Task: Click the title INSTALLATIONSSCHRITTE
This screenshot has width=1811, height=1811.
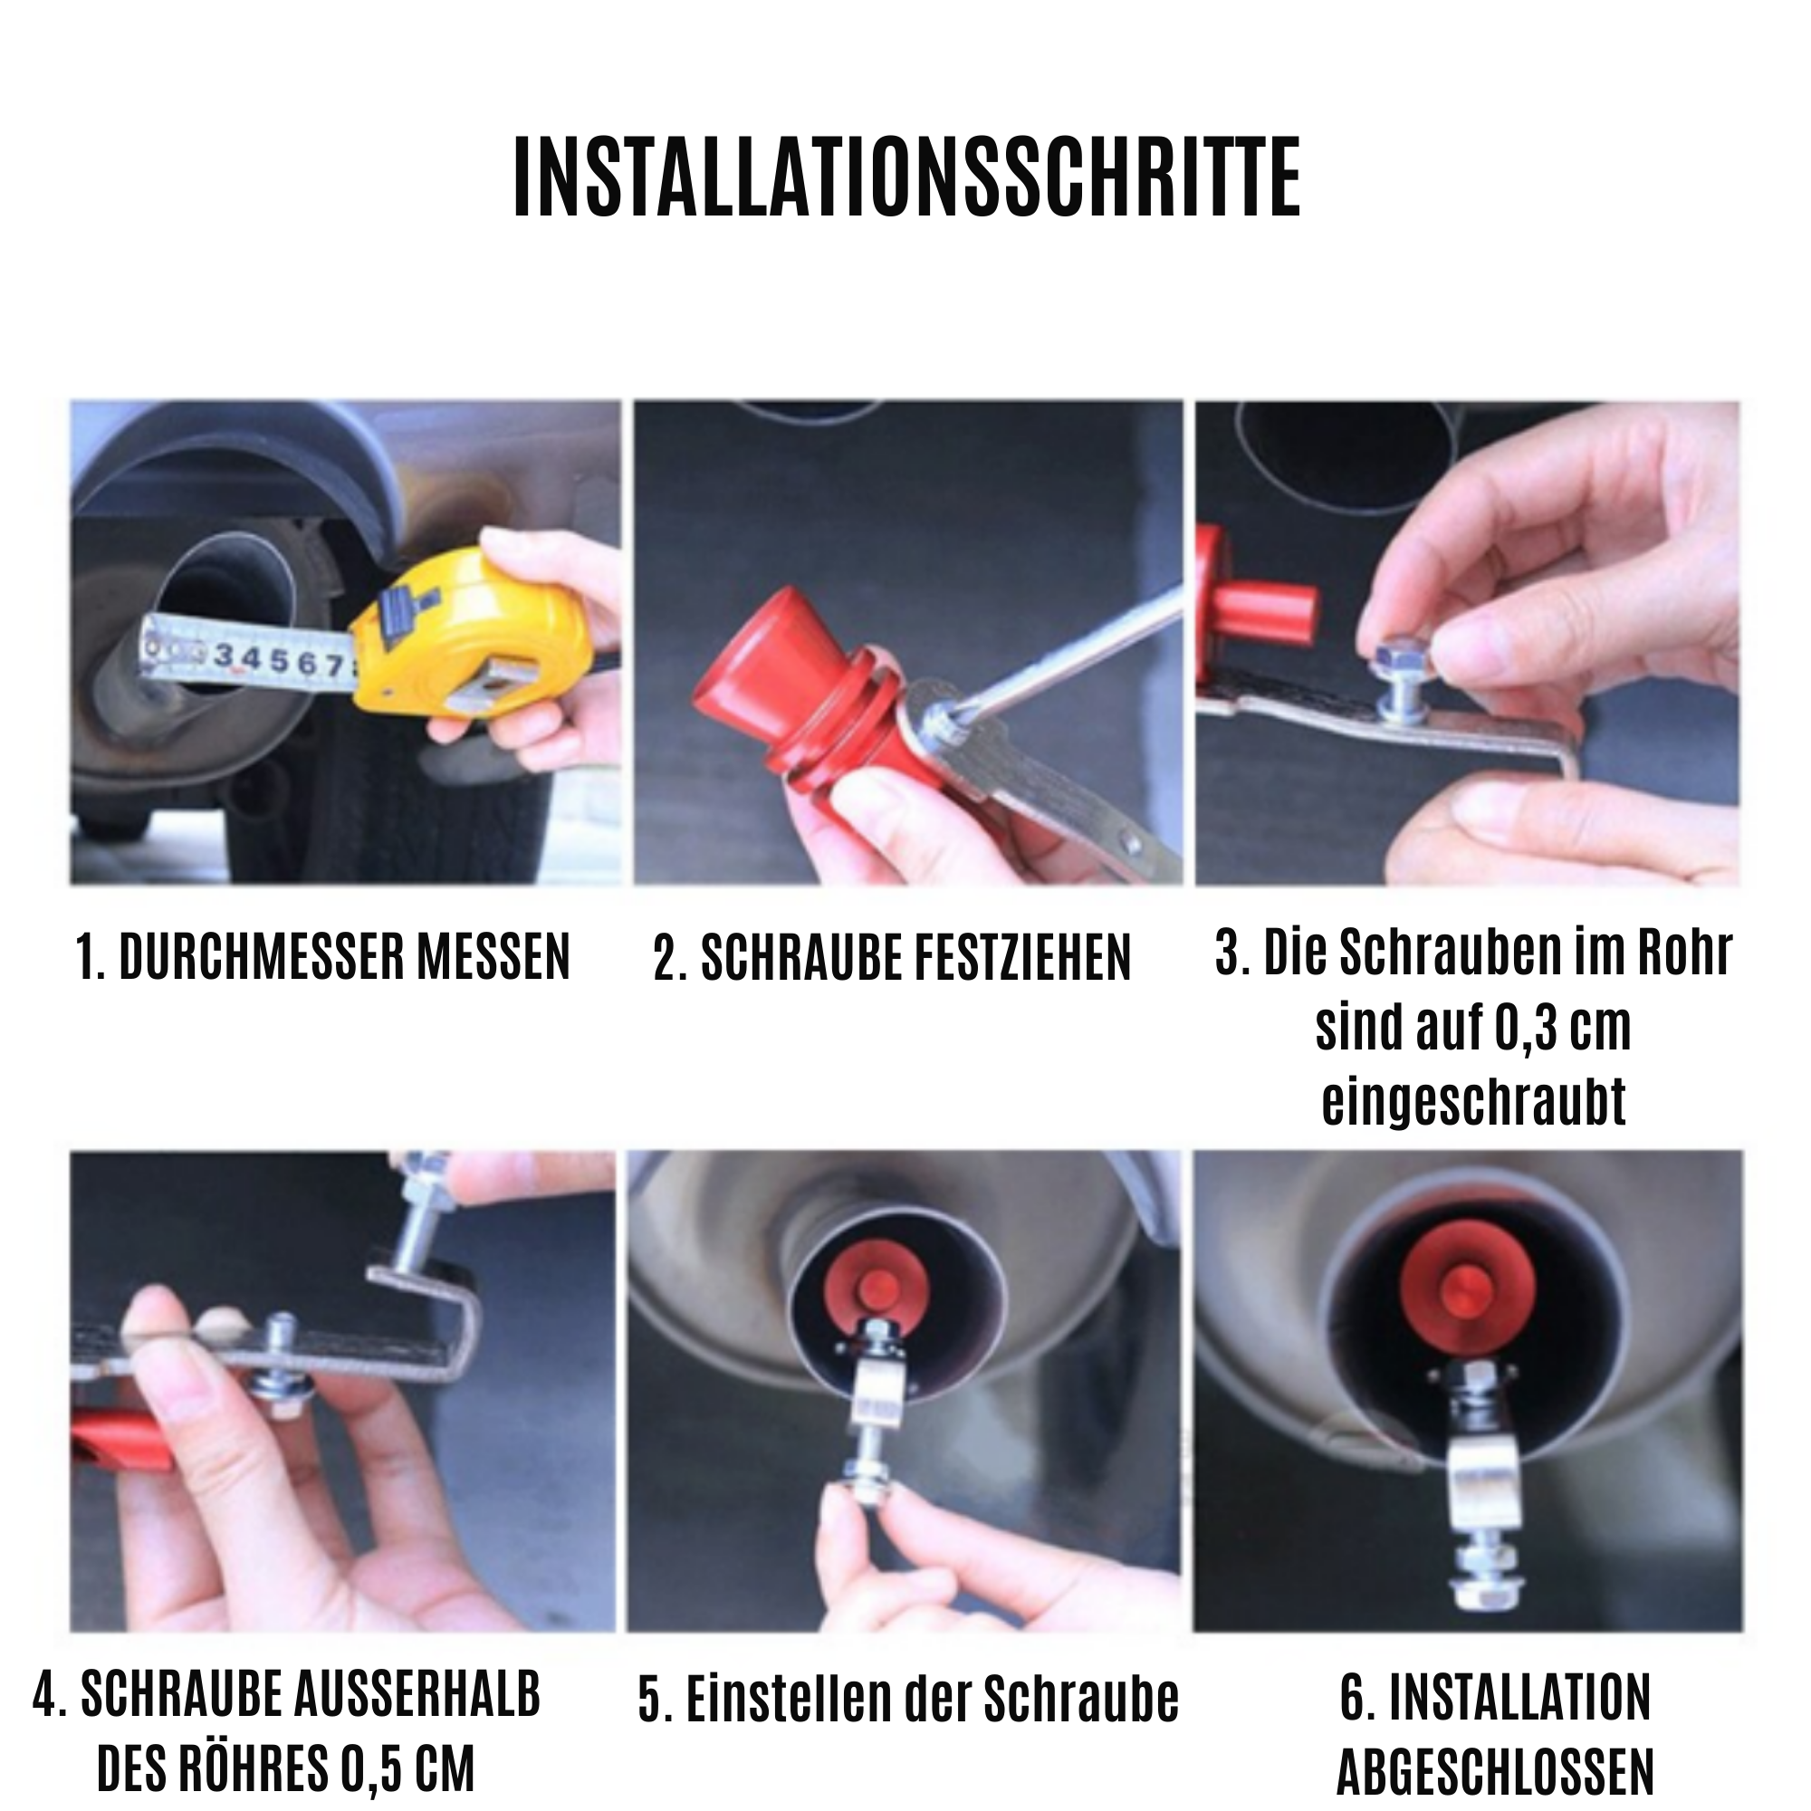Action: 906,178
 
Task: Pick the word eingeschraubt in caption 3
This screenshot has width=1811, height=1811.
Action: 1473,1102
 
